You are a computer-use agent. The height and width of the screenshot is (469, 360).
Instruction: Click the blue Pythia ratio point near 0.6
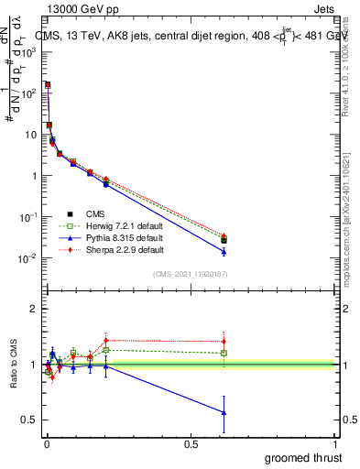pos(224,412)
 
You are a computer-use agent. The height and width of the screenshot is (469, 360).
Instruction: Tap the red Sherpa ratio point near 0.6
pos(224,342)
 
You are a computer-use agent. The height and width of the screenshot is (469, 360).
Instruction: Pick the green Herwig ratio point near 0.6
pos(224,353)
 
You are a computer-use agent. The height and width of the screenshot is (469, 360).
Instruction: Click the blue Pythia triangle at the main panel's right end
pos(224,251)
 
